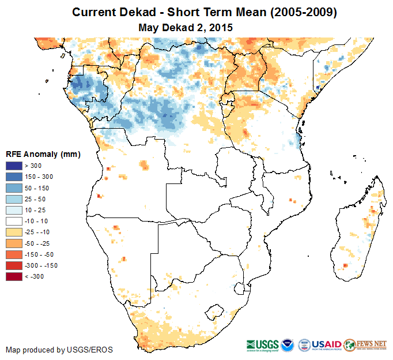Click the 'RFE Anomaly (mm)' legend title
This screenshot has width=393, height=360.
pos(43,154)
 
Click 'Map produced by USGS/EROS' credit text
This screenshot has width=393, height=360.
pos(59,350)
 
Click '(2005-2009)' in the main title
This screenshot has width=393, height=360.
pos(297,12)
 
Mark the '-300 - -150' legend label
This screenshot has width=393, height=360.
pos(40,265)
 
